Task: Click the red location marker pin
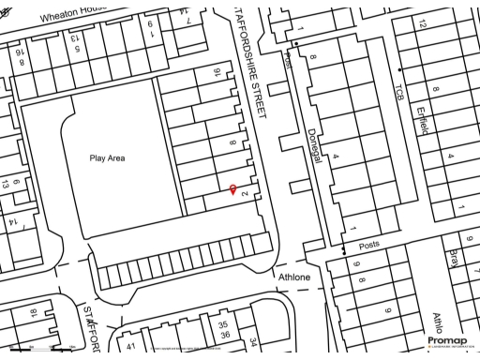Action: tap(233, 190)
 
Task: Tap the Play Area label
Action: tap(120, 158)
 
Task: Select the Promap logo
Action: tap(446, 340)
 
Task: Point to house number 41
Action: tap(131, 347)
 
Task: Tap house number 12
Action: tap(421, 22)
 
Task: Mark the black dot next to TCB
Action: tap(400, 70)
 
